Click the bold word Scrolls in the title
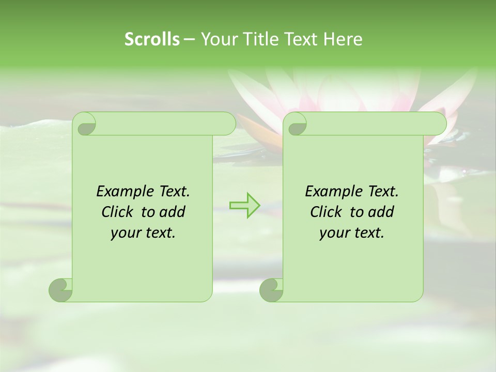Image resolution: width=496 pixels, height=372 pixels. coord(152,39)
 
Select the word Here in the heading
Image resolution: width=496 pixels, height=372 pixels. coord(343,39)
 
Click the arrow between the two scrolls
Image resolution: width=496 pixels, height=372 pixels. coord(245,205)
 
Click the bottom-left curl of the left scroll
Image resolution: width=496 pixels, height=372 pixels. coord(61,290)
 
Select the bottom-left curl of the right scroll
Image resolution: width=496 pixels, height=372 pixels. coord(272,290)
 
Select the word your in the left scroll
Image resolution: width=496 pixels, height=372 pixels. coord(126,233)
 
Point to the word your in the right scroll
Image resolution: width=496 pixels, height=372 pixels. coord(334,233)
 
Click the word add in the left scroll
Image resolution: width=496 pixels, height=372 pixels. coord(173,212)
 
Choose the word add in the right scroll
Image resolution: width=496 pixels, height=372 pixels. coord(382,212)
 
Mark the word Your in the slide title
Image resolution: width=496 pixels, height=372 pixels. coord(219,39)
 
